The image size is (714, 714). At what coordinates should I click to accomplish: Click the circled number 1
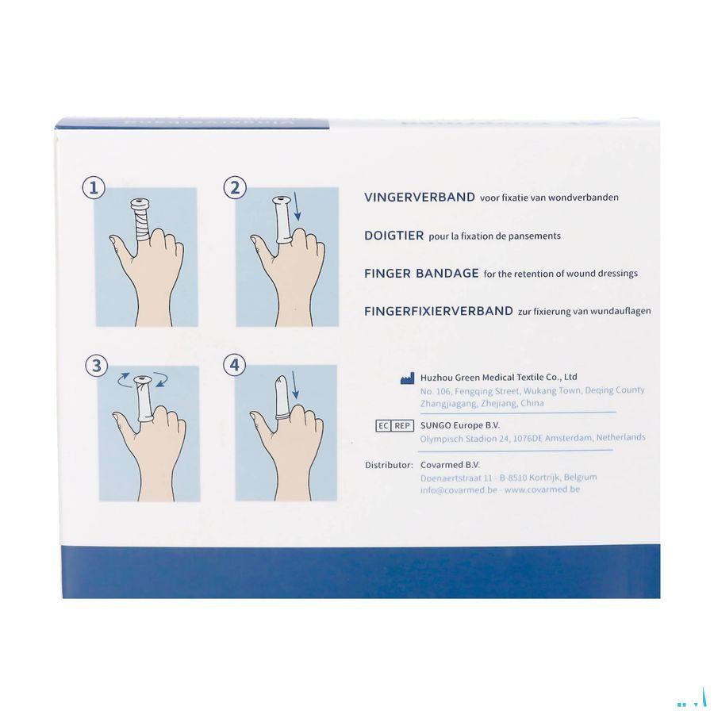coord(94,188)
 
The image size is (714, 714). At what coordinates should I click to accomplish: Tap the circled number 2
coord(234,188)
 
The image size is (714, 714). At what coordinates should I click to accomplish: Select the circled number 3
coord(97,366)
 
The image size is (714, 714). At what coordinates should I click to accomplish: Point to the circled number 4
coord(234,365)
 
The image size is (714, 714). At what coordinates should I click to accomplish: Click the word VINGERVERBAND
coord(419,198)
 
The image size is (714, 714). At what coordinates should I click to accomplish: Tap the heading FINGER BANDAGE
coord(420,273)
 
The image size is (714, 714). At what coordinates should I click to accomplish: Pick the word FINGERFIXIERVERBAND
coord(438,311)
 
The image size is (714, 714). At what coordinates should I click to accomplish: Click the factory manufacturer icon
coord(407,378)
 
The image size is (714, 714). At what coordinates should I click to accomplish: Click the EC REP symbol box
coord(394,426)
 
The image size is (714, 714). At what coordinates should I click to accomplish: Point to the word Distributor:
coord(388,465)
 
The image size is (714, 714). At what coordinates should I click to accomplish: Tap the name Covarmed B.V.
coord(450,465)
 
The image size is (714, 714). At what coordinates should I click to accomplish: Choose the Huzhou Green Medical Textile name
coord(498,377)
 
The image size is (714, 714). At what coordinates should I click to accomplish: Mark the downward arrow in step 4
coord(294,386)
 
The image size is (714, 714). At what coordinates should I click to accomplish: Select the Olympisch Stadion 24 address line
coord(532,438)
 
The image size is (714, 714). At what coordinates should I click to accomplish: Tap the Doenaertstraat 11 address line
coord(508,478)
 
